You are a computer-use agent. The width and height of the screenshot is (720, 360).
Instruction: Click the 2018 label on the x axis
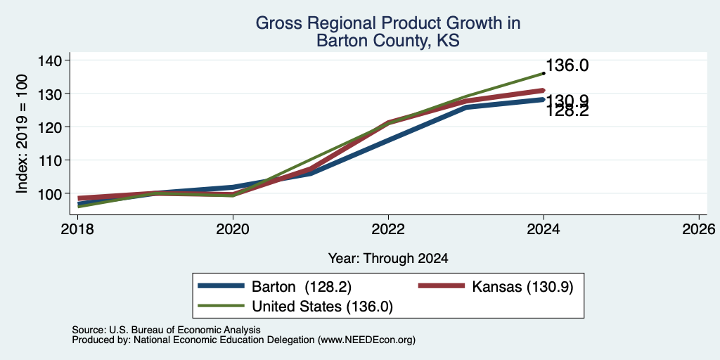(x=77, y=229)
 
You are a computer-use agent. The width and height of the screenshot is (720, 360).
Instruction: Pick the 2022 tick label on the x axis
(x=388, y=229)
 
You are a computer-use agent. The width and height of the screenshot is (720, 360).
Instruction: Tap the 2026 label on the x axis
(x=699, y=229)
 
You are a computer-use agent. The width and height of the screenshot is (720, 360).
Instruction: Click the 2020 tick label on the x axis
(x=233, y=229)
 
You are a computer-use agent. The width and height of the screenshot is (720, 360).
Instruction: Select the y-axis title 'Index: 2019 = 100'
(x=22, y=134)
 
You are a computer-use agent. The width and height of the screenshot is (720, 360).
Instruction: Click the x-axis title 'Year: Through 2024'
(x=388, y=259)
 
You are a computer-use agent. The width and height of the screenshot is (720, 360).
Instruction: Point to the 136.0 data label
(x=567, y=65)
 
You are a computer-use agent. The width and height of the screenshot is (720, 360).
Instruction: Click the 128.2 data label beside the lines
(x=567, y=110)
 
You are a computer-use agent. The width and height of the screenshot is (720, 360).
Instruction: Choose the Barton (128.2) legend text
(x=301, y=287)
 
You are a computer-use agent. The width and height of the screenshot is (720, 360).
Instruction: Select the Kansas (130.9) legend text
(x=522, y=287)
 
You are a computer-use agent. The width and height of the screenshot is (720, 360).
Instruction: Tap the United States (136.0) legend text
(x=322, y=307)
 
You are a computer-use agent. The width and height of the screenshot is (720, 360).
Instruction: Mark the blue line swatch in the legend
(x=220, y=286)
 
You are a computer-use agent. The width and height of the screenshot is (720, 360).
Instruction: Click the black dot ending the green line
(x=544, y=73)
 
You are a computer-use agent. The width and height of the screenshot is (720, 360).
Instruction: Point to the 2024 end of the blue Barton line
(x=544, y=99)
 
